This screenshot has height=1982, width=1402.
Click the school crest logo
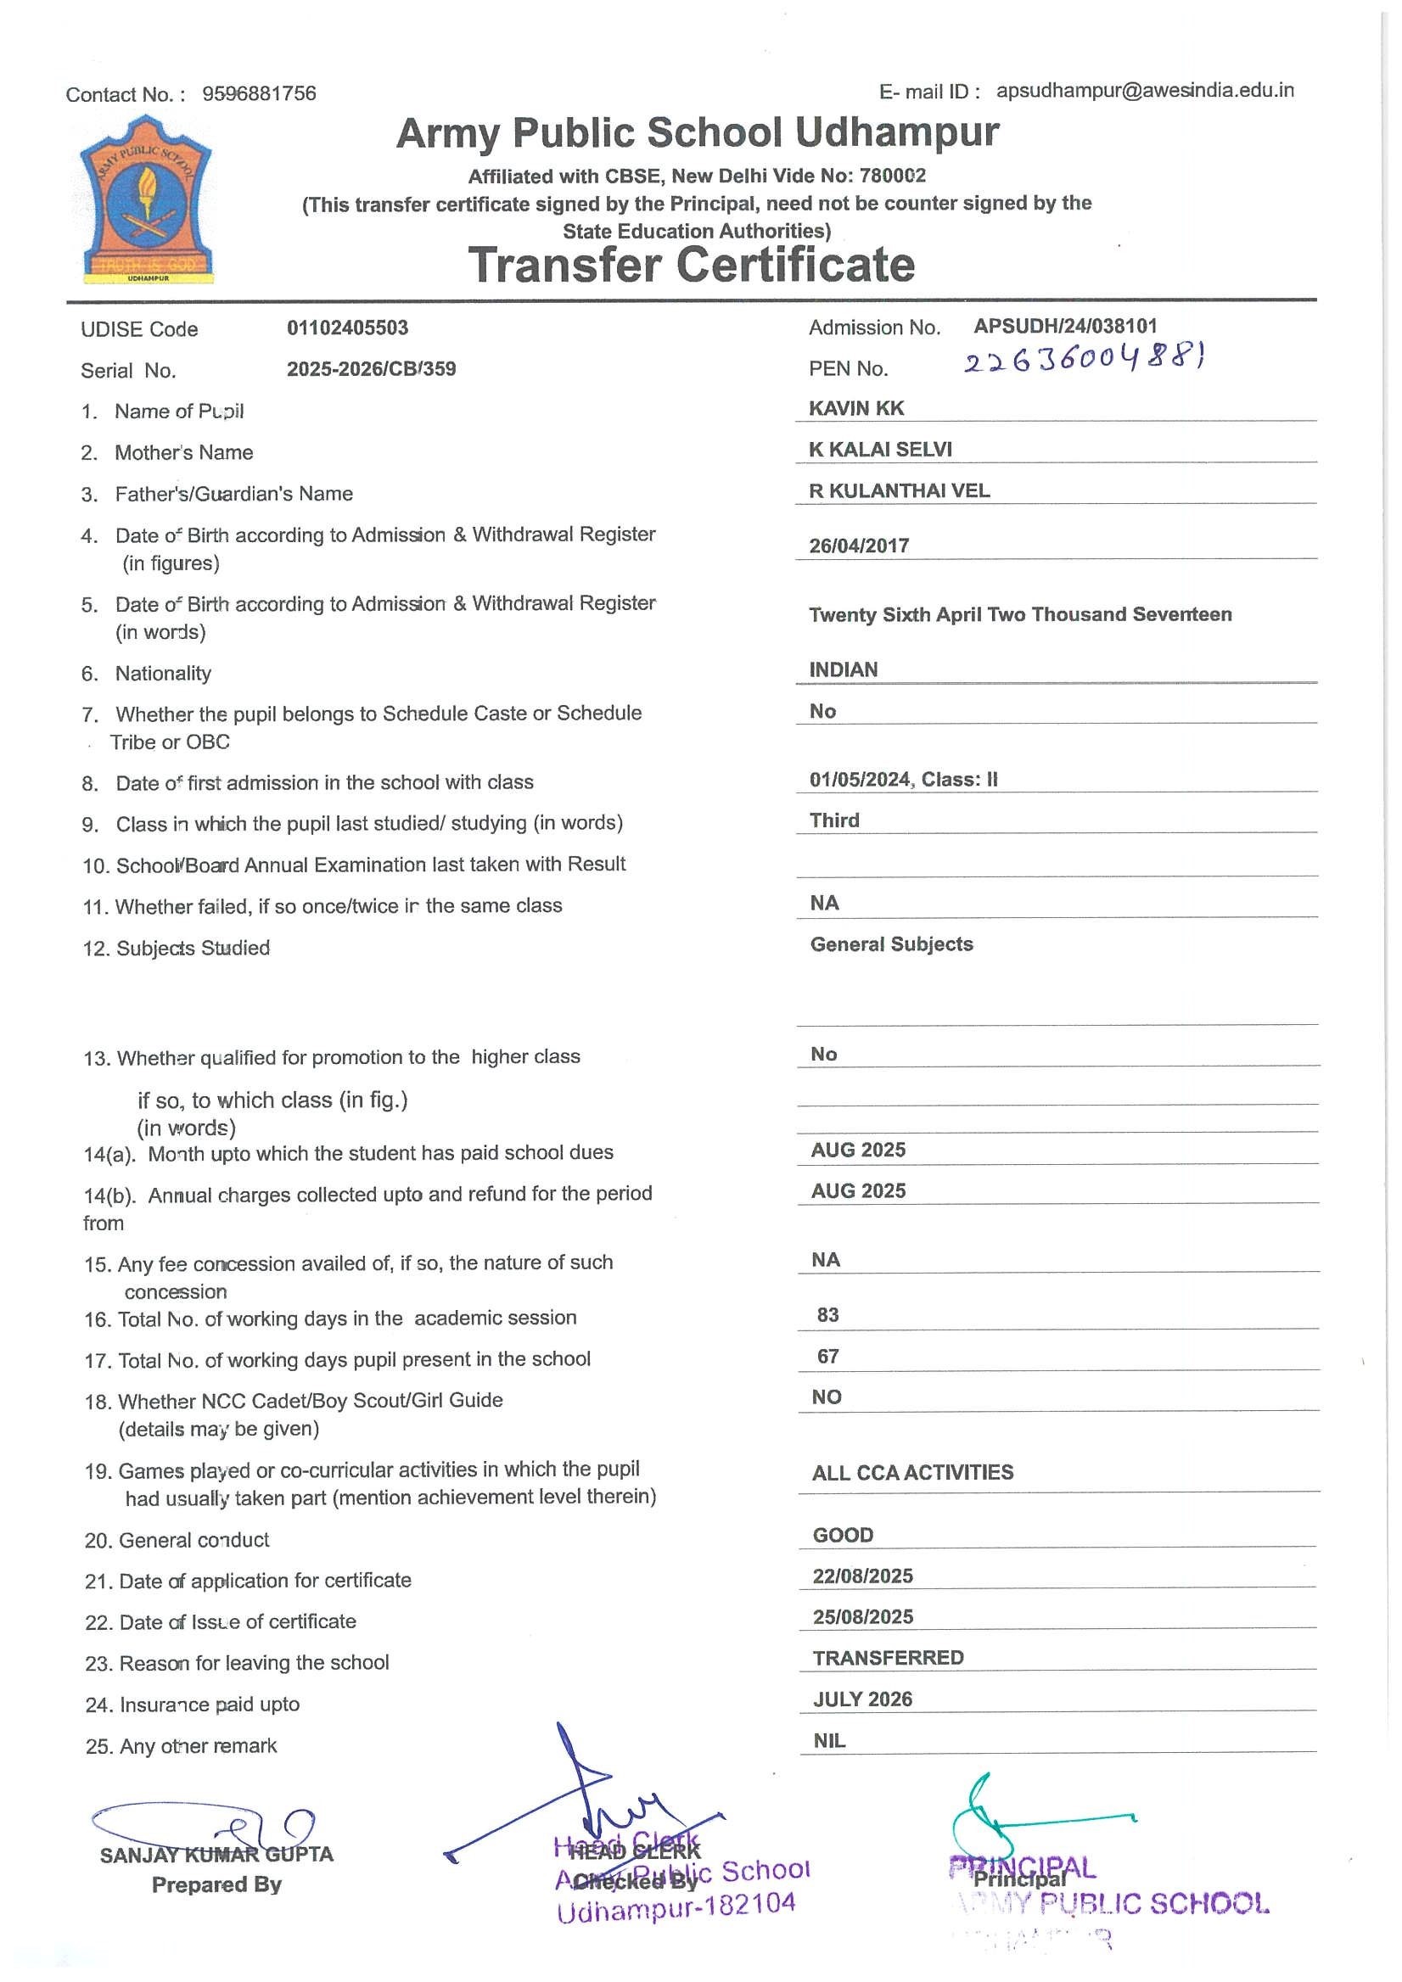(x=146, y=200)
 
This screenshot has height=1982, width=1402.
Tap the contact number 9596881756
(x=259, y=93)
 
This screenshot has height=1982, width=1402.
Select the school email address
(x=1144, y=91)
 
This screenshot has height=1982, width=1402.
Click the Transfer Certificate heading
(x=691, y=264)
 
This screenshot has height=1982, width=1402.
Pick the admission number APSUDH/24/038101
(x=1064, y=327)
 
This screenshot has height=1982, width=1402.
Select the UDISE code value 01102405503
(x=347, y=328)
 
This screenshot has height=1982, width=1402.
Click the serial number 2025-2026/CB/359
(x=371, y=369)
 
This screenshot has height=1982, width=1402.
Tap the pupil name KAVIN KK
(x=855, y=408)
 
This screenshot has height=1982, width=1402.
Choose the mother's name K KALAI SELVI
(x=880, y=450)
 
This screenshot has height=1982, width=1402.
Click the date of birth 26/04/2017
(x=858, y=546)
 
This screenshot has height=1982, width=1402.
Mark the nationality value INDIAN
(x=843, y=670)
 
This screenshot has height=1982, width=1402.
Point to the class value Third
(x=834, y=820)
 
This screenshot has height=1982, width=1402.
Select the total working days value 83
(x=827, y=1315)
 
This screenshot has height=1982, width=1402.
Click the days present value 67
(x=827, y=1356)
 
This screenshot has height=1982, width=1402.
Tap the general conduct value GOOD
(x=843, y=1535)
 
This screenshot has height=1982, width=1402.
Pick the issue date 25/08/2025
(x=862, y=1617)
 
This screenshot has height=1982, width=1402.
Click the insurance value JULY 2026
(x=861, y=1699)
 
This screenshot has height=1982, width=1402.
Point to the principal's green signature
(x=1018, y=1817)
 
